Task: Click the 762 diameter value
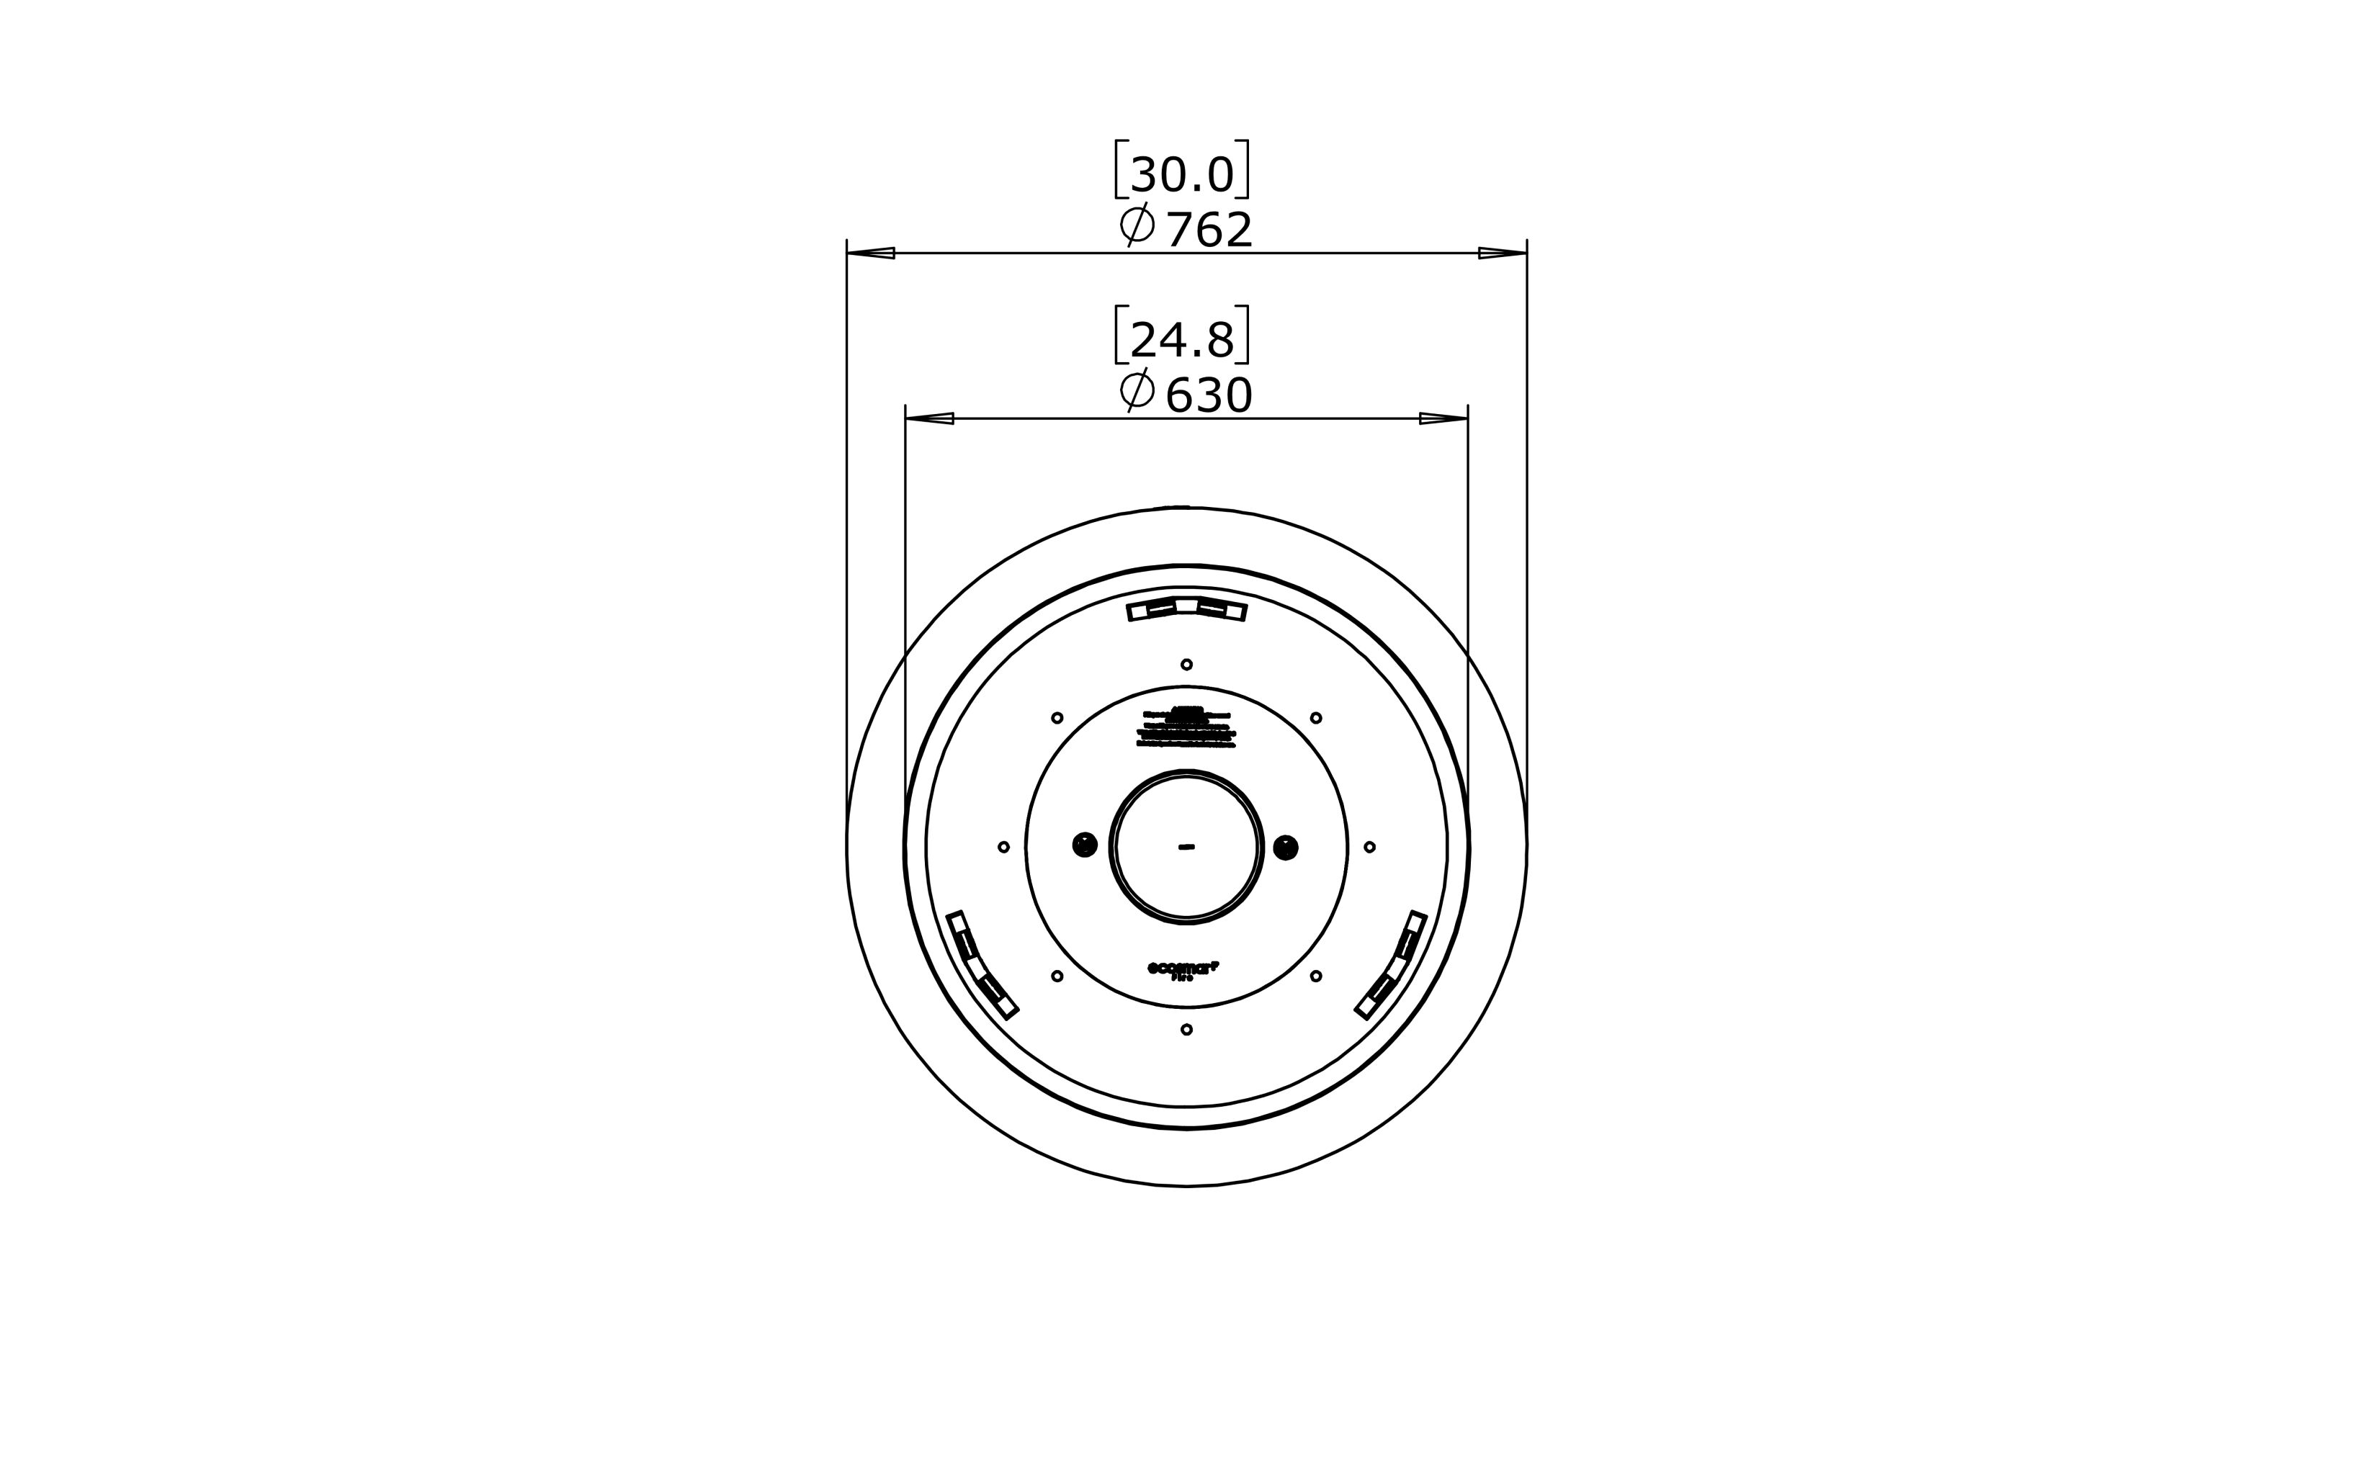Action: [x=1208, y=231]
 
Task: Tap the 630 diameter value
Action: [x=1208, y=396]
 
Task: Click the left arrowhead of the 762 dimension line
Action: [x=871, y=253]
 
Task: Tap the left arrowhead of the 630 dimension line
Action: [x=929, y=419]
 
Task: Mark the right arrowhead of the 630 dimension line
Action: [x=1443, y=419]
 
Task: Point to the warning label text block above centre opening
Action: [x=1186, y=729]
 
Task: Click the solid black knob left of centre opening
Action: [x=1085, y=845]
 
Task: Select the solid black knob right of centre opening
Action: [x=1285, y=848]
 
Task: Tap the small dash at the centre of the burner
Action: [x=1186, y=848]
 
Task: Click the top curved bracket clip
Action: [x=1186, y=609]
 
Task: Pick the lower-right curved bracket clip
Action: [x=1392, y=965]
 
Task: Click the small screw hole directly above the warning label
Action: [x=1186, y=665]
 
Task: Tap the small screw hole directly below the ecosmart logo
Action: [x=1186, y=1029]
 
